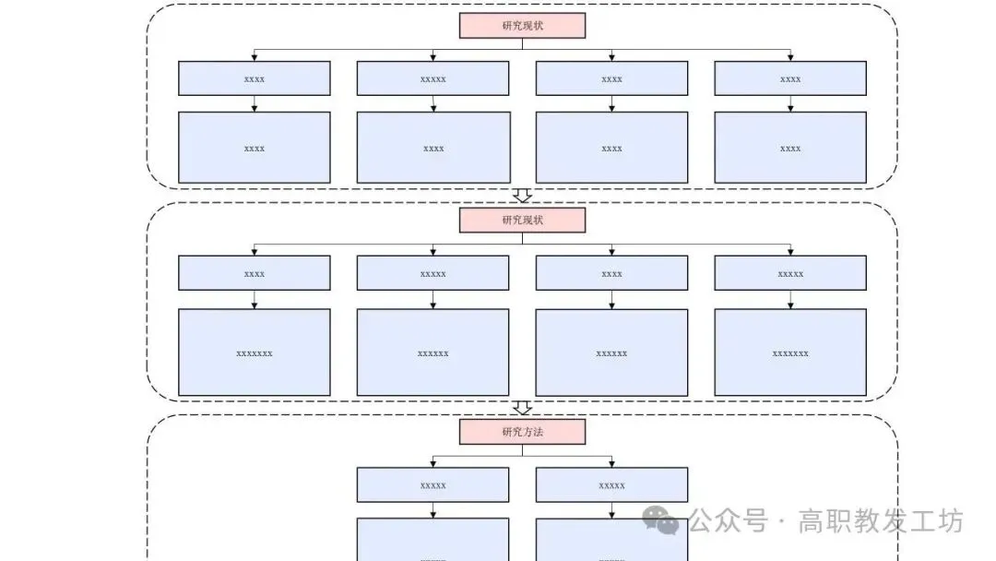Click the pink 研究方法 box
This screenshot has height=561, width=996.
pyautogui.click(x=522, y=432)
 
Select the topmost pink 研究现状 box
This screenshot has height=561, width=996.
pyautogui.click(x=522, y=26)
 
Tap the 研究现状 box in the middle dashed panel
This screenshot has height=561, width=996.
pyautogui.click(x=522, y=221)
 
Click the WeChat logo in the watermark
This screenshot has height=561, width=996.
pyautogui.click(x=661, y=521)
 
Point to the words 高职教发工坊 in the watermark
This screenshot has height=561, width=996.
pyautogui.click(x=881, y=521)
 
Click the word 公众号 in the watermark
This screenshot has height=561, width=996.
pyautogui.click(x=729, y=521)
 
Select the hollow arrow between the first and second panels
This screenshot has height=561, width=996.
pyautogui.click(x=522, y=196)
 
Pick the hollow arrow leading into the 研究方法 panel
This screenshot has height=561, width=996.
pyautogui.click(x=522, y=407)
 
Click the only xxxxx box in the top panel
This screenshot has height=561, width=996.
pyautogui.click(x=433, y=78)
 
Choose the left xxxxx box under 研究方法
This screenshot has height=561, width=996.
pyautogui.click(x=433, y=485)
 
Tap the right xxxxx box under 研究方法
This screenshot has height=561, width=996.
pyautogui.click(x=611, y=485)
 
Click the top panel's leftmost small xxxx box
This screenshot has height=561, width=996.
pyautogui.click(x=254, y=78)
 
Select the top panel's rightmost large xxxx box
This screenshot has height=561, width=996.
pyautogui.click(x=790, y=148)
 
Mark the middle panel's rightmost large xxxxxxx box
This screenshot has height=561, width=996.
pyautogui.click(x=790, y=352)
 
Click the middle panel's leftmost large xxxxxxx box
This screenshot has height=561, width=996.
pyautogui.click(x=254, y=352)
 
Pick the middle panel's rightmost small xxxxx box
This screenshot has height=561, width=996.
pyautogui.click(x=790, y=273)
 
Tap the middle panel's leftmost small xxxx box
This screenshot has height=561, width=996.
pyautogui.click(x=254, y=273)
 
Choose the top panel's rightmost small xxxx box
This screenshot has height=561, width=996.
pyautogui.click(x=790, y=78)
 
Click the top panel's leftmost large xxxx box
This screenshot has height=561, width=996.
pyautogui.click(x=254, y=148)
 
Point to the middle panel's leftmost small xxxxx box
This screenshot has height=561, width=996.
pyautogui.click(x=433, y=273)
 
